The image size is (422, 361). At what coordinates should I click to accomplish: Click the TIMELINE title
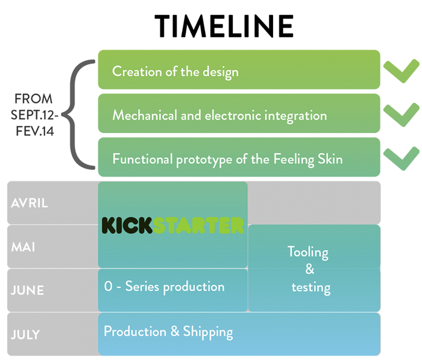(224, 27)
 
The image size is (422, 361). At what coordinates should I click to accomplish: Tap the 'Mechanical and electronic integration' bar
(239, 114)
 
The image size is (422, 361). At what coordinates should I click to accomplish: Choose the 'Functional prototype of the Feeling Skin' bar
(239, 158)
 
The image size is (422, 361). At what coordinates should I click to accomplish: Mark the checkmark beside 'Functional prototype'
(402, 158)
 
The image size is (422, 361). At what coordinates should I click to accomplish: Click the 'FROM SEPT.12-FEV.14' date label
(34, 114)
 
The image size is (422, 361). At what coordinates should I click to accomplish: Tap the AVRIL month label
(30, 202)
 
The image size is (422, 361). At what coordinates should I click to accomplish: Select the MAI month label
(24, 246)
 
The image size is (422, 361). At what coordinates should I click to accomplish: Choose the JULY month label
(26, 333)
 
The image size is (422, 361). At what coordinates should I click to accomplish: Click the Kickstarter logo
(172, 225)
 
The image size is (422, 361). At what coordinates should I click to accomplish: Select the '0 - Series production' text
(164, 286)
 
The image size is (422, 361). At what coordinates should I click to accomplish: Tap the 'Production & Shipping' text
(168, 331)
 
